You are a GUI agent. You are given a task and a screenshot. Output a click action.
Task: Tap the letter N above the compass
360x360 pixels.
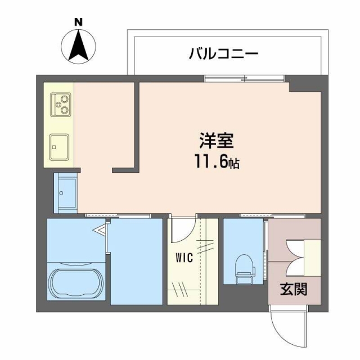[x=78, y=22]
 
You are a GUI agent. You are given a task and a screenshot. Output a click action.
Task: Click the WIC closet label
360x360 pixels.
[x=184, y=258]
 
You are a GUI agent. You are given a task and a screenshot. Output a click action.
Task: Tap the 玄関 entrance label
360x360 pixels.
[x=294, y=290]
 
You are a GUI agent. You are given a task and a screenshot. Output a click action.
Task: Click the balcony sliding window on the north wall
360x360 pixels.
[x=245, y=78]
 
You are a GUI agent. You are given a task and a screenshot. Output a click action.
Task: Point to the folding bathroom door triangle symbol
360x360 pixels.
[x=101, y=230]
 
